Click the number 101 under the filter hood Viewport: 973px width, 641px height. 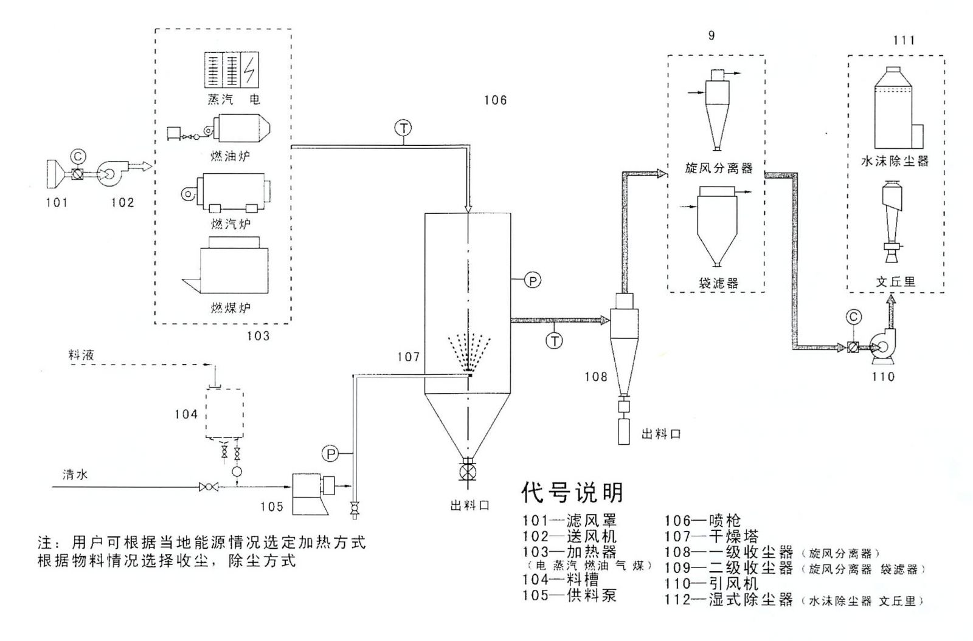tap(57, 202)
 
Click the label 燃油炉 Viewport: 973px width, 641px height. tap(230, 157)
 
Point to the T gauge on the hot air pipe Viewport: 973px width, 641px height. tap(403, 128)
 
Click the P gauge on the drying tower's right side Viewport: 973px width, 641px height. tap(533, 280)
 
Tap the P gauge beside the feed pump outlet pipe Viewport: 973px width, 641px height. tap(330, 454)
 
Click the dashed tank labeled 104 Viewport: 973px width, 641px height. tap(225, 413)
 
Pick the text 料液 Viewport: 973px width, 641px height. tap(81, 355)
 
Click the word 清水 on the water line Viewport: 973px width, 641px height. tap(75, 475)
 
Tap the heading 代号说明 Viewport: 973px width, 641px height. tap(572, 492)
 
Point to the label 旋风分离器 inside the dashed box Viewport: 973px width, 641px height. tap(719, 168)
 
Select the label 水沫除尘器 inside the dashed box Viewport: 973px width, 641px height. tap(895, 162)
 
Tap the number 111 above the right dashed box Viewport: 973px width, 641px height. tap(904, 40)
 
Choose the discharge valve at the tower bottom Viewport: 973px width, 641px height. tap(468, 472)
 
